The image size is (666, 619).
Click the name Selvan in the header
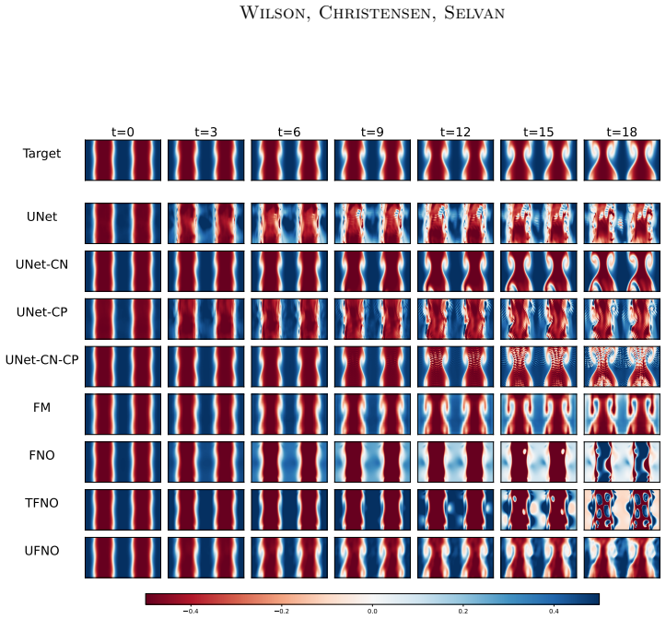pyautogui.click(x=474, y=13)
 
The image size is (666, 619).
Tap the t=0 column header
pyautogui.click(x=123, y=132)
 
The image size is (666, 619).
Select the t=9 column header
pyautogui.click(x=372, y=132)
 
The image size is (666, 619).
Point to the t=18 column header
pyautogui.click(x=622, y=132)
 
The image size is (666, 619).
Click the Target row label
pyautogui.click(x=41, y=154)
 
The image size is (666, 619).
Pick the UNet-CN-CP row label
pyautogui.click(x=41, y=360)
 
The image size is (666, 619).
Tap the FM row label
pyautogui.click(x=41, y=407)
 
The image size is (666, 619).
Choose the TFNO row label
pyautogui.click(x=41, y=503)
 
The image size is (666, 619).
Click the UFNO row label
pyautogui.click(x=41, y=551)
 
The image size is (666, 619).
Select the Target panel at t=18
pyautogui.click(x=622, y=160)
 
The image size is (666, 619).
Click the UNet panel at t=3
pyautogui.click(x=206, y=224)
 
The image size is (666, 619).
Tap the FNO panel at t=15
pyautogui.click(x=539, y=461)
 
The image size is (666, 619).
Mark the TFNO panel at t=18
pyautogui.click(x=622, y=509)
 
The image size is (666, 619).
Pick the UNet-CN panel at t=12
pyautogui.click(x=455, y=271)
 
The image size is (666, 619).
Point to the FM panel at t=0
pyautogui.click(x=123, y=415)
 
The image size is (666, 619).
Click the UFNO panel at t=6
pyautogui.click(x=289, y=557)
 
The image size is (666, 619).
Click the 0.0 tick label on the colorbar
pyautogui.click(x=372, y=612)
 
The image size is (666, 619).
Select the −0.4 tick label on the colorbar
pyautogui.click(x=191, y=612)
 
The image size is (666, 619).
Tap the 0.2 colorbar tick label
pyautogui.click(x=463, y=612)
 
